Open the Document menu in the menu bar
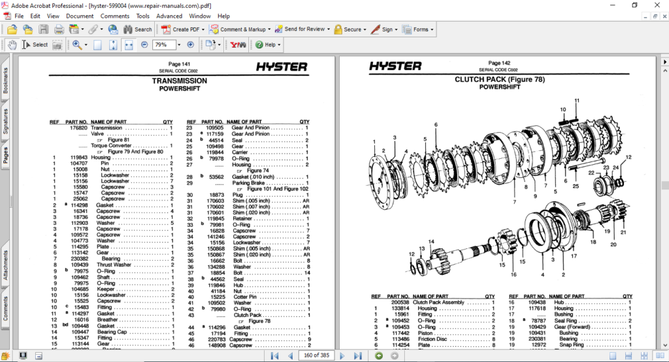[80, 16]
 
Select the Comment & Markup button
[238, 29]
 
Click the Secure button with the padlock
[348, 29]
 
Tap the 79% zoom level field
[163, 44]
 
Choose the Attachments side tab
[6, 265]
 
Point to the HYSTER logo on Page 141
[281, 67]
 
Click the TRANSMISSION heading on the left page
[180, 81]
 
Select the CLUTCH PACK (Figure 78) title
[499, 80]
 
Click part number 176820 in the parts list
[78, 128]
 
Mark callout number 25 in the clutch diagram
[576, 186]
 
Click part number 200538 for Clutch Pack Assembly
[400, 303]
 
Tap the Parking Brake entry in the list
[250, 183]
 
